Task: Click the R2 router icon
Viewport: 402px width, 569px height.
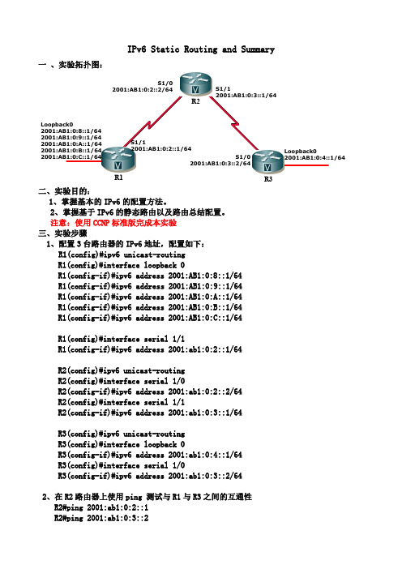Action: click(195, 84)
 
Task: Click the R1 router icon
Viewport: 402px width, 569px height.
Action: click(118, 159)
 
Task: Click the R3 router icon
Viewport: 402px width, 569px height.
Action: click(267, 161)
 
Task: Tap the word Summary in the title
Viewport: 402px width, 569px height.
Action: click(258, 49)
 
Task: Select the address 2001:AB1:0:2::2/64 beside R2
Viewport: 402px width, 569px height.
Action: click(142, 90)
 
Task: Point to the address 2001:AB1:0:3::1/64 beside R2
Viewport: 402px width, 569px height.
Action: click(246, 96)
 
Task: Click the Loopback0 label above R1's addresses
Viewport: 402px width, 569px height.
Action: click(57, 125)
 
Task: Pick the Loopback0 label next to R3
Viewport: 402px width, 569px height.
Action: click(301, 151)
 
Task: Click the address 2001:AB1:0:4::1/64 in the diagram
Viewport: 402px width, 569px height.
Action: click(314, 157)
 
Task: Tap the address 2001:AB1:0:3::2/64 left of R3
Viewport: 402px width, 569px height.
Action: click(220, 163)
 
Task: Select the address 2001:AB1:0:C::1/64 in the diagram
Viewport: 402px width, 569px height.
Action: click(71, 156)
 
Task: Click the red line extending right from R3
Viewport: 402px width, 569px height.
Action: click(306, 165)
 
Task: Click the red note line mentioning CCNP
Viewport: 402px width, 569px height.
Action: click(113, 223)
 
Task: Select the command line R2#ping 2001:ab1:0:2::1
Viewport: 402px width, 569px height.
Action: click(101, 507)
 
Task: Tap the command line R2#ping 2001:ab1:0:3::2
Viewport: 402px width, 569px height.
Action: click(101, 518)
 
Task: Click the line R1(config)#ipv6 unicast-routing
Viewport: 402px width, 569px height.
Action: click(122, 255)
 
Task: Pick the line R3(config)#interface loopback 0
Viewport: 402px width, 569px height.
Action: click(122, 444)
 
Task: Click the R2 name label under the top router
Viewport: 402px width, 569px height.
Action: click(195, 101)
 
